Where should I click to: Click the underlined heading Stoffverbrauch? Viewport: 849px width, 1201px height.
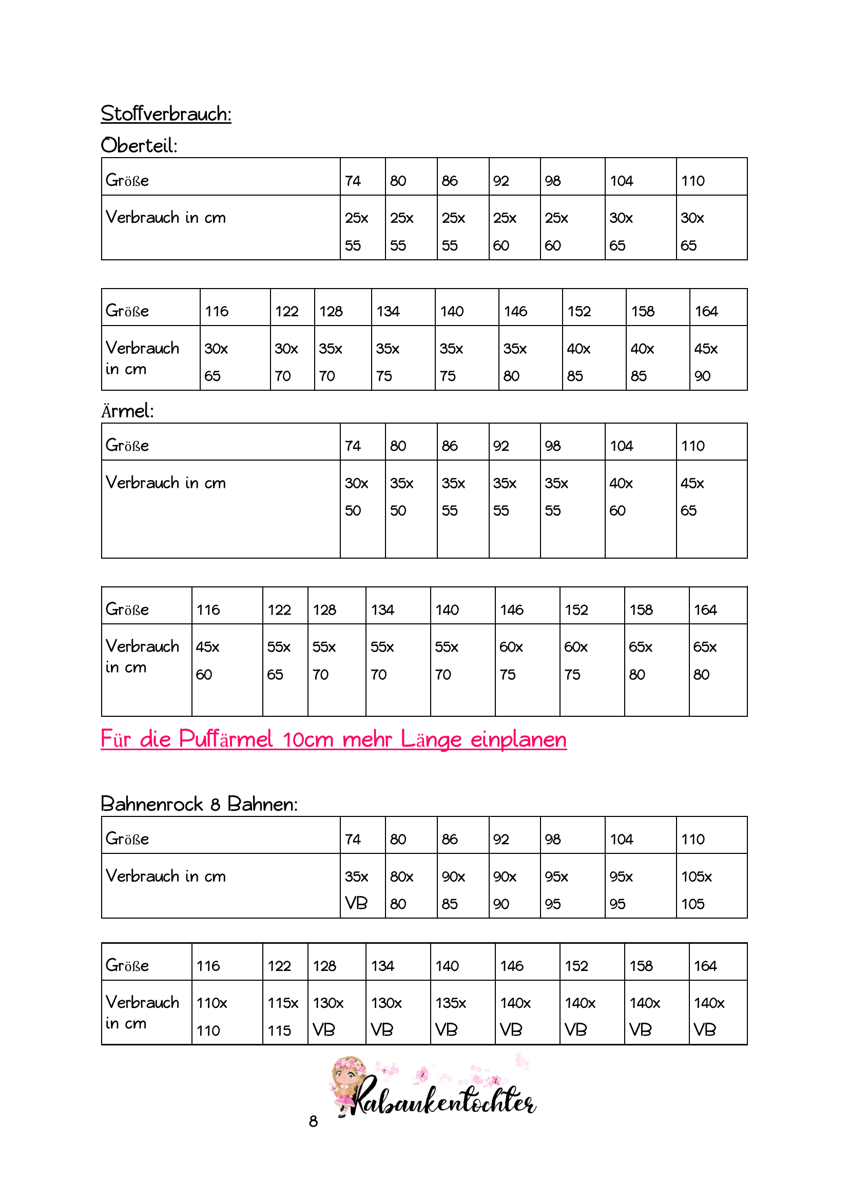(166, 114)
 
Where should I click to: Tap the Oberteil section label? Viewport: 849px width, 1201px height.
(139, 145)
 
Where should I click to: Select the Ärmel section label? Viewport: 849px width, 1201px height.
(128, 411)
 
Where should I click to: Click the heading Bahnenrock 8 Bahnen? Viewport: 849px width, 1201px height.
(199, 804)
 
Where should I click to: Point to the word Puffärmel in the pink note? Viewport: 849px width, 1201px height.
(226, 739)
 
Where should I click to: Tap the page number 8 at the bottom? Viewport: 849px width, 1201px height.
(313, 1121)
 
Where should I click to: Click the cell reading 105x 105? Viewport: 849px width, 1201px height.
(711, 890)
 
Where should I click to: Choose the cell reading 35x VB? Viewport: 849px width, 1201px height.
(362, 890)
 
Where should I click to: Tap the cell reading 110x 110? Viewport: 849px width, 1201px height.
(226, 1016)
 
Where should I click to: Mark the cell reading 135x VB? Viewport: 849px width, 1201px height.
(462, 1016)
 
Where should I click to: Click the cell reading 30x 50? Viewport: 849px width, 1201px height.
(362, 497)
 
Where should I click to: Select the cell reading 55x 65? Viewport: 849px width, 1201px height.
(285, 660)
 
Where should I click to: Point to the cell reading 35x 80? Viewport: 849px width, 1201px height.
(530, 361)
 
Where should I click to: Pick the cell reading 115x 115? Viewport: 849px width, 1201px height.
(285, 1016)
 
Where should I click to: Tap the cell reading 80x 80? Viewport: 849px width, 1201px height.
(411, 890)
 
